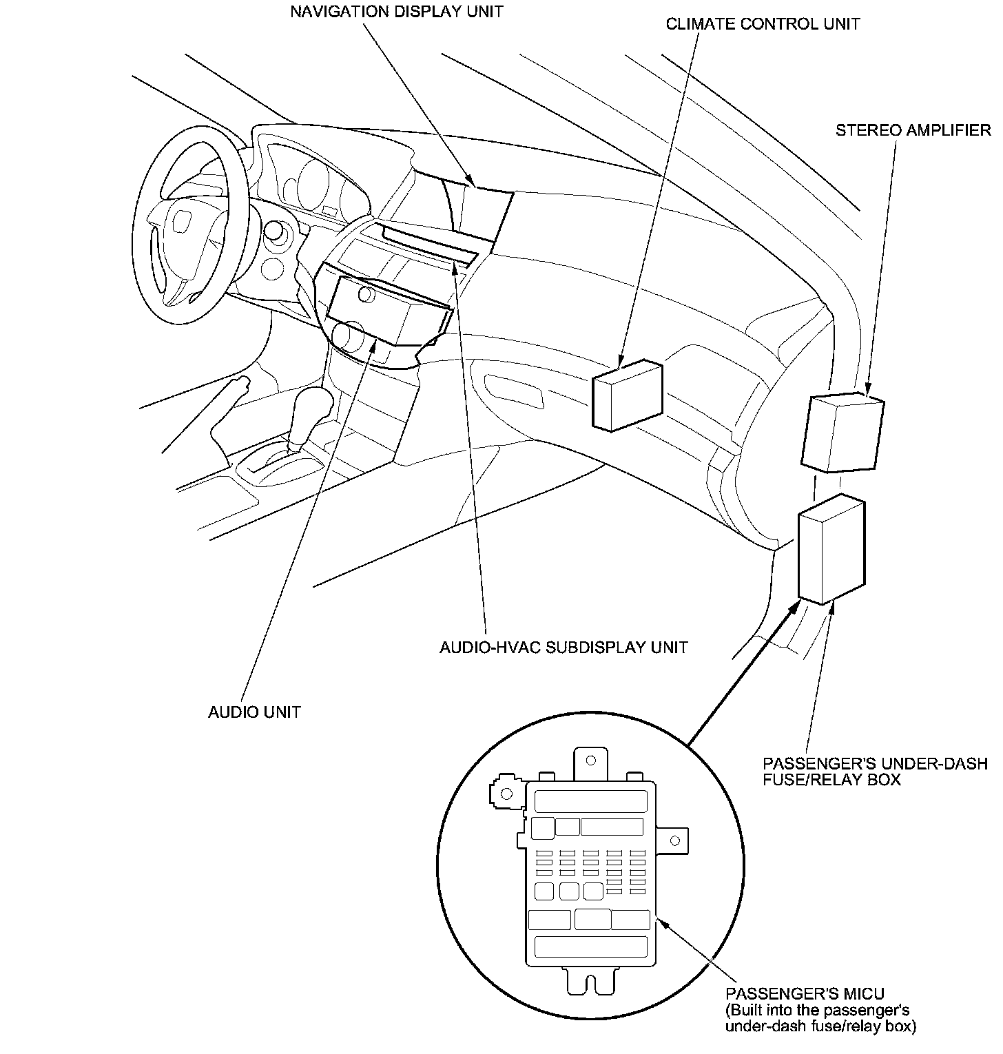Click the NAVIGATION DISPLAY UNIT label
coord(396,12)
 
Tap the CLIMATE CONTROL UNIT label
coord(763,24)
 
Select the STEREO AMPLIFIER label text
coord(913,130)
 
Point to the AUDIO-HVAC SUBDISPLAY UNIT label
coord(563,648)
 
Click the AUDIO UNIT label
coord(254,712)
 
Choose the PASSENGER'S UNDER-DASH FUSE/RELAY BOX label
coord(875,772)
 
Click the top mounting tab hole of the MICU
coord(590,761)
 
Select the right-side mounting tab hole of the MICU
coord(675,840)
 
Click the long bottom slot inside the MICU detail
coord(590,947)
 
